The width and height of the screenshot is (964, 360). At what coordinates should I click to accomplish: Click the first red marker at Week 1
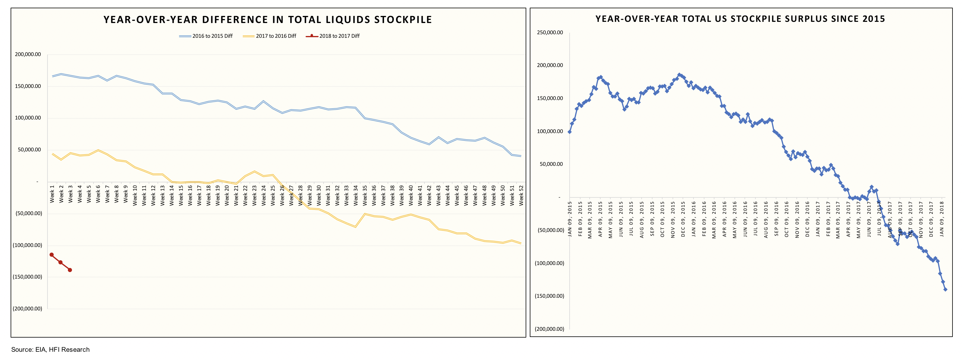52,255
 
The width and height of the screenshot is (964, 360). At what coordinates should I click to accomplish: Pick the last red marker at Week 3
70,270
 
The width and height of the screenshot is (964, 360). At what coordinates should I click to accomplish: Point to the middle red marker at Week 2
61,262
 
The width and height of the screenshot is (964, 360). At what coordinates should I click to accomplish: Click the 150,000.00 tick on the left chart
28,86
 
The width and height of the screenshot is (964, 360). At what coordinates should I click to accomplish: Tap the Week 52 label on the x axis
521,194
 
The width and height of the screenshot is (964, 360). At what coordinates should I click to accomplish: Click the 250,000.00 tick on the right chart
550,32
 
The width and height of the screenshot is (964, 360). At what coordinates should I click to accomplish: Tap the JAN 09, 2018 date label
942,219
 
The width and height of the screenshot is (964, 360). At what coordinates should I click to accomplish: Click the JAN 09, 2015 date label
570,219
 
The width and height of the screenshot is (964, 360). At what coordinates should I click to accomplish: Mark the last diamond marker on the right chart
945,289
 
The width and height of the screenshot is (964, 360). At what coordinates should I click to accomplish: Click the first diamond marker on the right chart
570,132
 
